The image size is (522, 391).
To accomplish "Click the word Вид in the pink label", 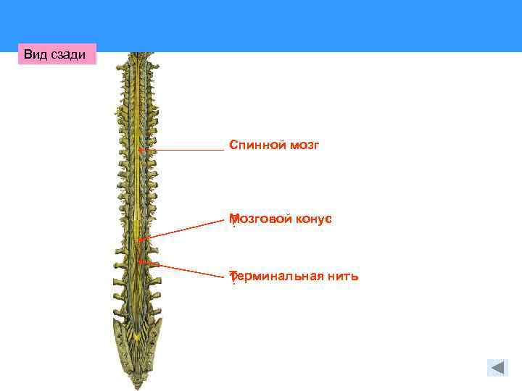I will (35, 54).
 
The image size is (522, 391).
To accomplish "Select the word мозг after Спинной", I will (303, 146).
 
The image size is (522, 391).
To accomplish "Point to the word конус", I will (314, 219).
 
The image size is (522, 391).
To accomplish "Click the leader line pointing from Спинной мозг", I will (185, 150).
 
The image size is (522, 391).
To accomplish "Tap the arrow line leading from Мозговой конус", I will (181, 230).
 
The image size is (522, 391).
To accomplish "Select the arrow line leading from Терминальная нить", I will (185, 269).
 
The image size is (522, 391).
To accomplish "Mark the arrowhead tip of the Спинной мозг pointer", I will (141, 150).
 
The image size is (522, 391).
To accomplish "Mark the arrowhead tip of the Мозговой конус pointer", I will (140, 239).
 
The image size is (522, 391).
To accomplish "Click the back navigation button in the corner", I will (497, 367).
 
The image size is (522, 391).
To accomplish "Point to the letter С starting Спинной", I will (233, 146).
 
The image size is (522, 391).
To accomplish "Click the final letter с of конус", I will (328, 219).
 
